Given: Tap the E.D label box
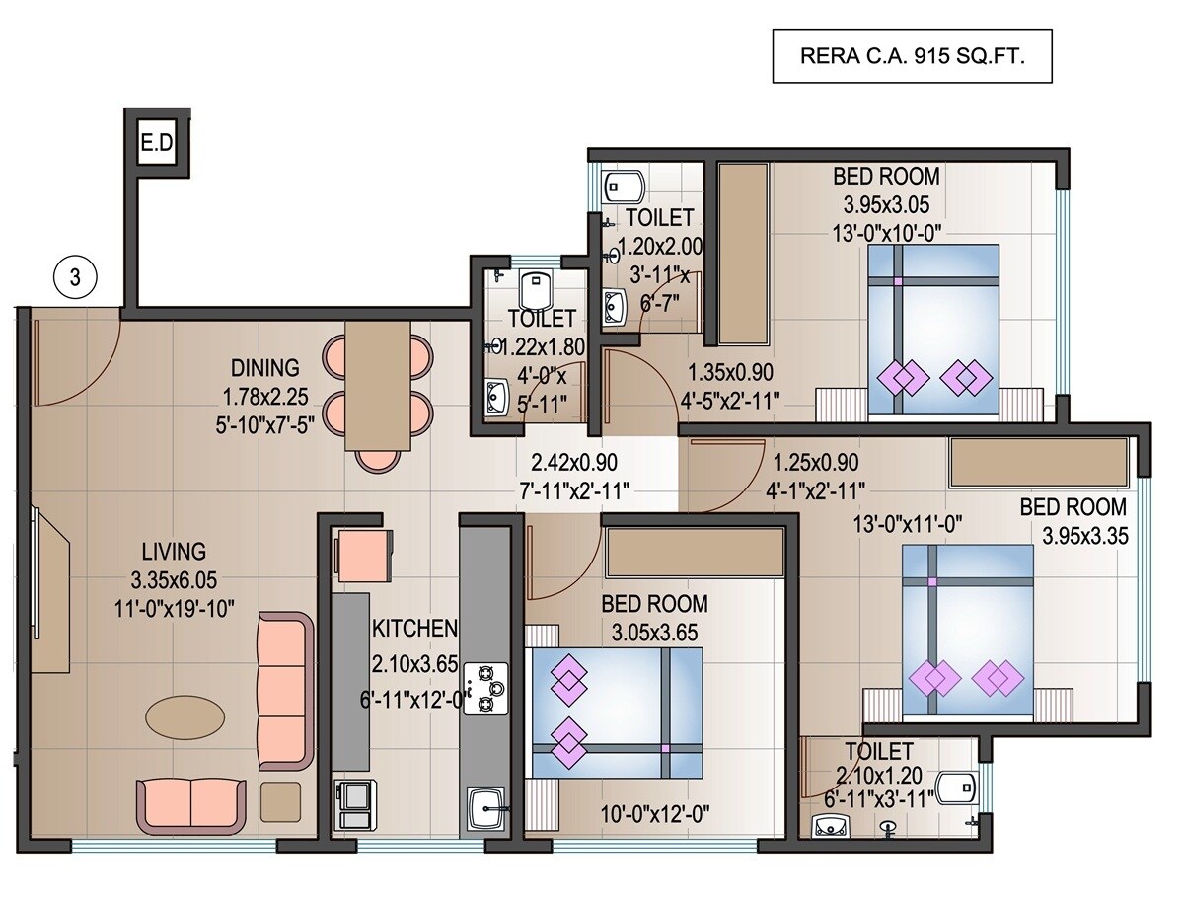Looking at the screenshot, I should pos(156,144).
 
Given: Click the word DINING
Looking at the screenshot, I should pos(264,368).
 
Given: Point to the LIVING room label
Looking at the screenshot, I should pos(173,551).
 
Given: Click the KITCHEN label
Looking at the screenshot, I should pos(414,629).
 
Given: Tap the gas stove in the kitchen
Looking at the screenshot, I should pos(484,688).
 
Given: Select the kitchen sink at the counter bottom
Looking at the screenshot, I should pos(484,808).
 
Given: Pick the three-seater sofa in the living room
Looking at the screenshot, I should pos(284,690).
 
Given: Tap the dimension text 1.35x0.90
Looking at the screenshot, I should pos(729,372).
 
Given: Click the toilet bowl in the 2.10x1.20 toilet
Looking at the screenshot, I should pos(955,788).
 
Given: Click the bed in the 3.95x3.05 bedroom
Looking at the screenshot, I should pos(932,331).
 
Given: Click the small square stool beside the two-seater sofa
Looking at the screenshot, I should pos(281,800).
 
